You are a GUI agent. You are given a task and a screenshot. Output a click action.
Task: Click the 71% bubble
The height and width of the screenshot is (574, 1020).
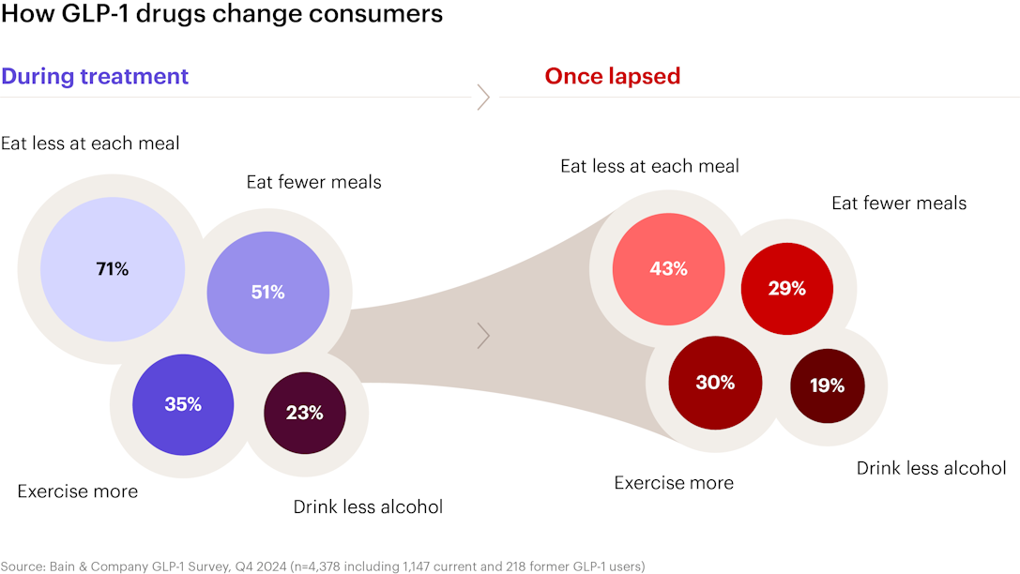tap(113, 269)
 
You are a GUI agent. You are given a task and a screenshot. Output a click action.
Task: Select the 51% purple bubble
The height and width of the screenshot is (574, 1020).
tap(268, 293)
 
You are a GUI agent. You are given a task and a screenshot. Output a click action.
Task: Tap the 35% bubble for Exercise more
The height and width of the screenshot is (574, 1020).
tap(183, 404)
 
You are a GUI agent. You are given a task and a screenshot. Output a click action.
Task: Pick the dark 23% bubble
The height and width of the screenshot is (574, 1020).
tap(304, 413)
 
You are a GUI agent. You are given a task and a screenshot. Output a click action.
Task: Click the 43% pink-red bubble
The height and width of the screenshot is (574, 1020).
tap(669, 269)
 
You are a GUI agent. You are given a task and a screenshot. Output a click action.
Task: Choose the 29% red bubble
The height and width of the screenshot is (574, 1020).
tap(787, 289)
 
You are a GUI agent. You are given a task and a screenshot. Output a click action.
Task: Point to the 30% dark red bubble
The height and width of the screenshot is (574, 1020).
tap(715, 383)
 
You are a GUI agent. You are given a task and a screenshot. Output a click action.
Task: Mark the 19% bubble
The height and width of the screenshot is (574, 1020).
tap(828, 385)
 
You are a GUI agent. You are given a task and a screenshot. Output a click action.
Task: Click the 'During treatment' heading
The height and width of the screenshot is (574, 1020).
tap(95, 77)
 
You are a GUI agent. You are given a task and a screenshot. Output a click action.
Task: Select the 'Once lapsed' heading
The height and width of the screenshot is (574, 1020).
tap(613, 76)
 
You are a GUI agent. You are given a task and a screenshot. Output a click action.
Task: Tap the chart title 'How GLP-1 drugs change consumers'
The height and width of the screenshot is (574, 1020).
tap(221, 14)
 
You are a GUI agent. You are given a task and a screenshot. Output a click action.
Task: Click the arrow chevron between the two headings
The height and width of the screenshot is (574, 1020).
tap(483, 98)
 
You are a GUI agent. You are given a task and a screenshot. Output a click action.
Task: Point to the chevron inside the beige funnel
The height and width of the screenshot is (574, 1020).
tap(483, 336)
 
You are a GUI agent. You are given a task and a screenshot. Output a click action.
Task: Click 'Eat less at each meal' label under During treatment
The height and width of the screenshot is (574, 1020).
tap(90, 143)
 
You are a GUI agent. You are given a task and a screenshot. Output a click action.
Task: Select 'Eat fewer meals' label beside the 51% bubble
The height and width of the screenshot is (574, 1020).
tap(313, 182)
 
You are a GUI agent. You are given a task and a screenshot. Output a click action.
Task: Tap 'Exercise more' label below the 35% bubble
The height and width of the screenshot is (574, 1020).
tap(77, 491)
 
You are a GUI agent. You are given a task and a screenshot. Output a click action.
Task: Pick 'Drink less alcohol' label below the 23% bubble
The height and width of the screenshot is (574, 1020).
tap(368, 507)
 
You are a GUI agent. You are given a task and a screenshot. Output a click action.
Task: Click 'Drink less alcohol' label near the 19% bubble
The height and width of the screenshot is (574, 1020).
tap(932, 468)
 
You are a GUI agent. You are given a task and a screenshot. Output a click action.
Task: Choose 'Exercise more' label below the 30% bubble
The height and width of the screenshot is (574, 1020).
tap(674, 483)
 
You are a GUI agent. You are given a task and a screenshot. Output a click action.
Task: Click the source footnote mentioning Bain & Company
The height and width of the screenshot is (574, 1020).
tap(323, 566)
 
